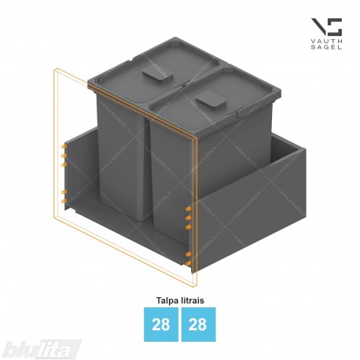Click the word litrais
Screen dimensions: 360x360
pos(193,300)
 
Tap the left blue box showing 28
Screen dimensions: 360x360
pos(161,325)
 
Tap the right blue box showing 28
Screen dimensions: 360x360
pos(198,325)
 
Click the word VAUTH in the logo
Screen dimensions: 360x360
pos(326,41)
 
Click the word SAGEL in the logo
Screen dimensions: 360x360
pos(326,47)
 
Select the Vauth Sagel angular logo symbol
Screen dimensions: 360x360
pos(326,27)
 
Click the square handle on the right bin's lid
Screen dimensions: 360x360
pos(211,100)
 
